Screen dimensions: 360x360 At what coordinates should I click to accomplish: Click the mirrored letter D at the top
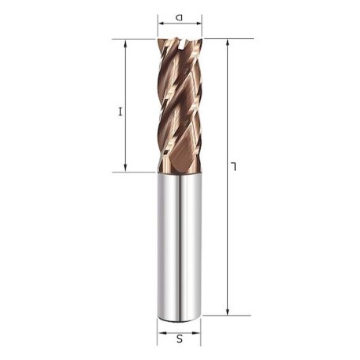click(180, 15)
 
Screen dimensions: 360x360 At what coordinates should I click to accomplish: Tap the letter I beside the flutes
click(120, 112)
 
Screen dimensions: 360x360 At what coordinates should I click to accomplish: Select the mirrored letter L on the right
click(234, 165)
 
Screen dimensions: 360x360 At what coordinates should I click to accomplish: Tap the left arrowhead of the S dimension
click(161, 333)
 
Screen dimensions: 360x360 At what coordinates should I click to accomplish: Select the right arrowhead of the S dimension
click(198, 333)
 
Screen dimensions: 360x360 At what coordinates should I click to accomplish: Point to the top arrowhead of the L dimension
click(227, 42)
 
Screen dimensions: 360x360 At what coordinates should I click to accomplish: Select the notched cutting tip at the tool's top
click(180, 44)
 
